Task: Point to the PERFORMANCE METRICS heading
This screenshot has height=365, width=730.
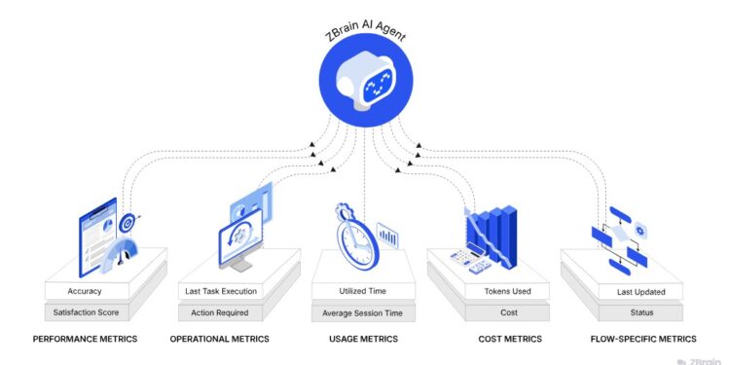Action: pos(86,339)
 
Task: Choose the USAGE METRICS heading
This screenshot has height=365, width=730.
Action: pos(362,339)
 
